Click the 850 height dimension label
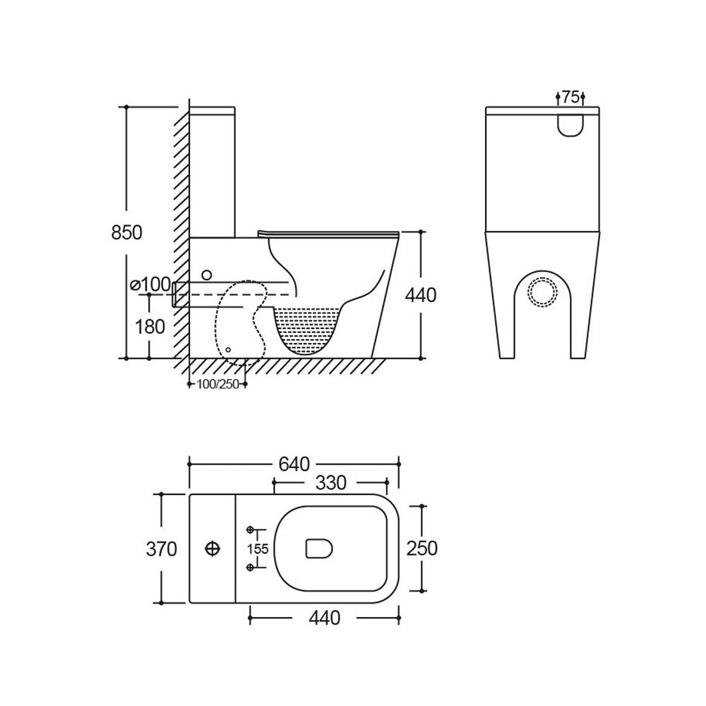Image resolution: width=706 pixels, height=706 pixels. coord(126,232)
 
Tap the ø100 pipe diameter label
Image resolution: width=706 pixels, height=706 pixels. coord(150,285)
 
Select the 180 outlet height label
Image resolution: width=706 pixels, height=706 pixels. coord(150,326)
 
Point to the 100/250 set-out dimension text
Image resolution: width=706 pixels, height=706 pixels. coord(218,384)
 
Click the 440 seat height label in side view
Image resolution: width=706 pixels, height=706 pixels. coord(421,295)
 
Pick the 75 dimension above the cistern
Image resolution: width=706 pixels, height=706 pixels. coord(570,97)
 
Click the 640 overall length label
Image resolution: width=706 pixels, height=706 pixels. coord(294,464)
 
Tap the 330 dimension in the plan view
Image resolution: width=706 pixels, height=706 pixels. coord(331,483)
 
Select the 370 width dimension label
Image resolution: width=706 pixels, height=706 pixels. coord(162,549)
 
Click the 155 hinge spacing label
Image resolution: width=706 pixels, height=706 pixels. coord(258,549)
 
